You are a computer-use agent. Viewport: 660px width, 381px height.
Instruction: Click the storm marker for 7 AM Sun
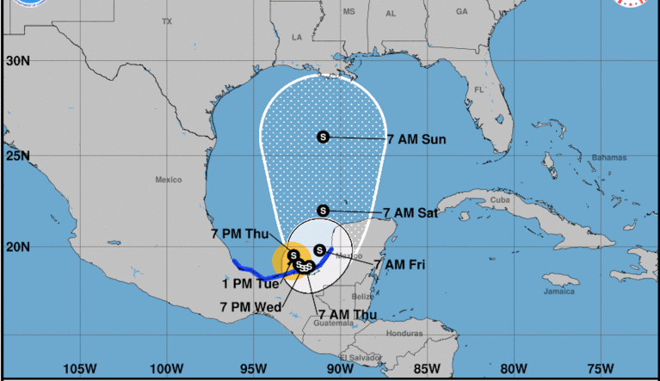tap(324, 137)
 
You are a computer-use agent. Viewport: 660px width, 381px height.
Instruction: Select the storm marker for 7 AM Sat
tap(324, 210)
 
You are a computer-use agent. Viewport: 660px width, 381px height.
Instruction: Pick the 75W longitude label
tap(599, 368)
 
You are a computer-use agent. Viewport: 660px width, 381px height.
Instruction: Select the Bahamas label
tap(608, 157)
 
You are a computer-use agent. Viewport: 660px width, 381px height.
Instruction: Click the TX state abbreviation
tap(167, 21)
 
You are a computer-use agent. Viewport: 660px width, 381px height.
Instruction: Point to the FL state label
tap(478, 89)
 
